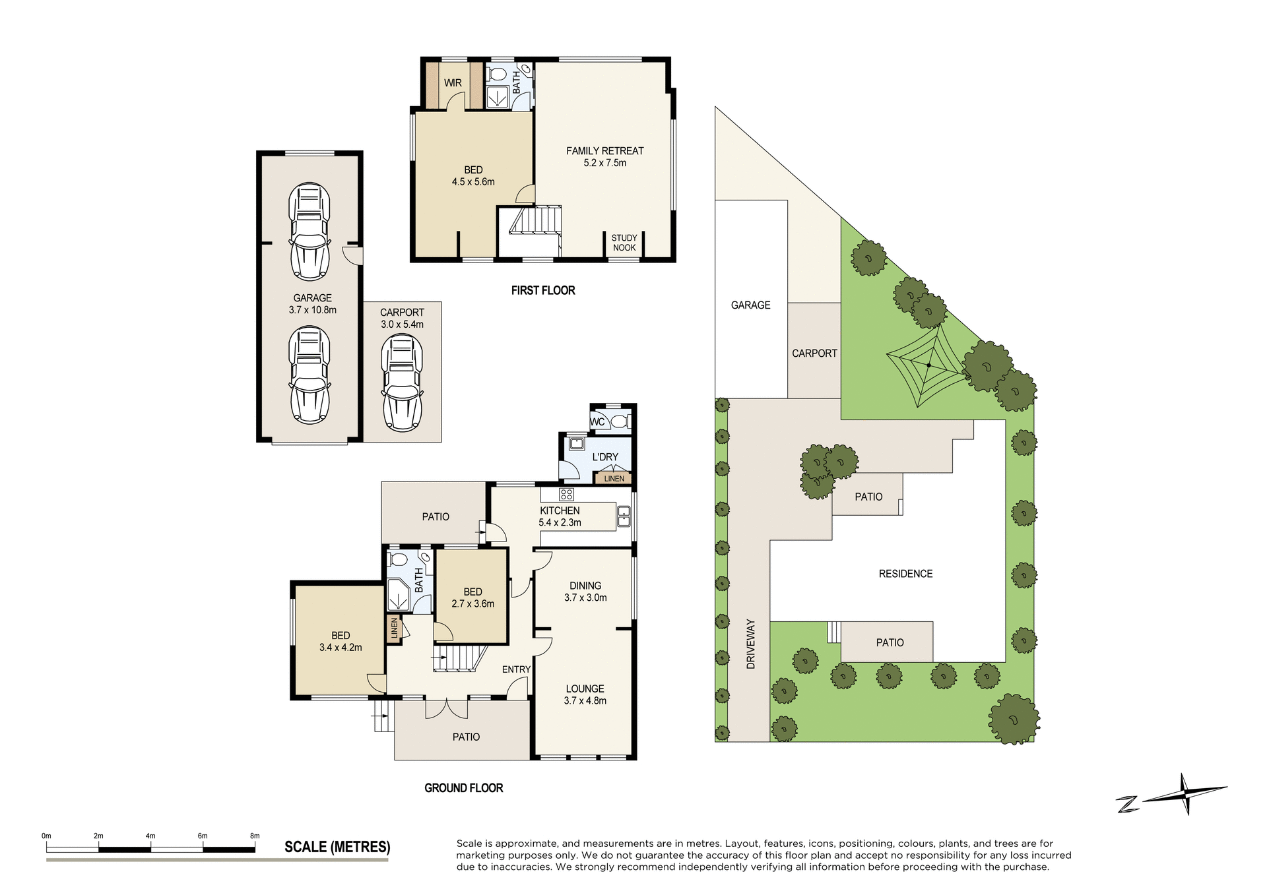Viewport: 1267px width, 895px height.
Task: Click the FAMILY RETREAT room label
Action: [x=604, y=156]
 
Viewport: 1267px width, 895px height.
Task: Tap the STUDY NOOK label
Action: [x=624, y=243]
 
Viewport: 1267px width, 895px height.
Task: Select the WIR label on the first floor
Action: [x=453, y=83]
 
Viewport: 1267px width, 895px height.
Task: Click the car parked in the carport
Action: [x=402, y=383]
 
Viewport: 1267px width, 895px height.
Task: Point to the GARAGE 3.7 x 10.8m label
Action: [x=312, y=303]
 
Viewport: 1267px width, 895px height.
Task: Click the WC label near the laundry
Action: [x=597, y=422]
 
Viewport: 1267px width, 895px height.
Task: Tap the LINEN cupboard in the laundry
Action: [x=614, y=478]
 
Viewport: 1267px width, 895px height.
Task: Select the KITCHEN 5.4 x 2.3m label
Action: [x=560, y=516]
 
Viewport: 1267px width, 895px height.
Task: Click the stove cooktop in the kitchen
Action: [x=566, y=494]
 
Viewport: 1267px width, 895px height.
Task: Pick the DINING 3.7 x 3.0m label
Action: [x=585, y=592]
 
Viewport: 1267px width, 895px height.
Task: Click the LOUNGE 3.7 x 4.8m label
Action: [x=585, y=694]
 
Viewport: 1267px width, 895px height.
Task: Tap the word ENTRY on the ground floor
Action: [x=516, y=669]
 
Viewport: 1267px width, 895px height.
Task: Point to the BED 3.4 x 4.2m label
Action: [x=341, y=641]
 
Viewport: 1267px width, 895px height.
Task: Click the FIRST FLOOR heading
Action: [x=543, y=290]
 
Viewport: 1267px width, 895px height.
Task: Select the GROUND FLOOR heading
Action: [x=463, y=788]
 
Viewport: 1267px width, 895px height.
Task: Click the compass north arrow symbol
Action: [x=1185, y=794]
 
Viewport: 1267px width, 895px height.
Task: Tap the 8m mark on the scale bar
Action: [x=255, y=836]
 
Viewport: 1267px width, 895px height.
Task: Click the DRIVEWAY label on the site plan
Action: [x=750, y=644]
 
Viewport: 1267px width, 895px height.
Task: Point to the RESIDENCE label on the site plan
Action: [x=905, y=574]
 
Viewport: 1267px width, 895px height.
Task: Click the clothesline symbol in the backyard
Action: [x=928, y=365]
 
